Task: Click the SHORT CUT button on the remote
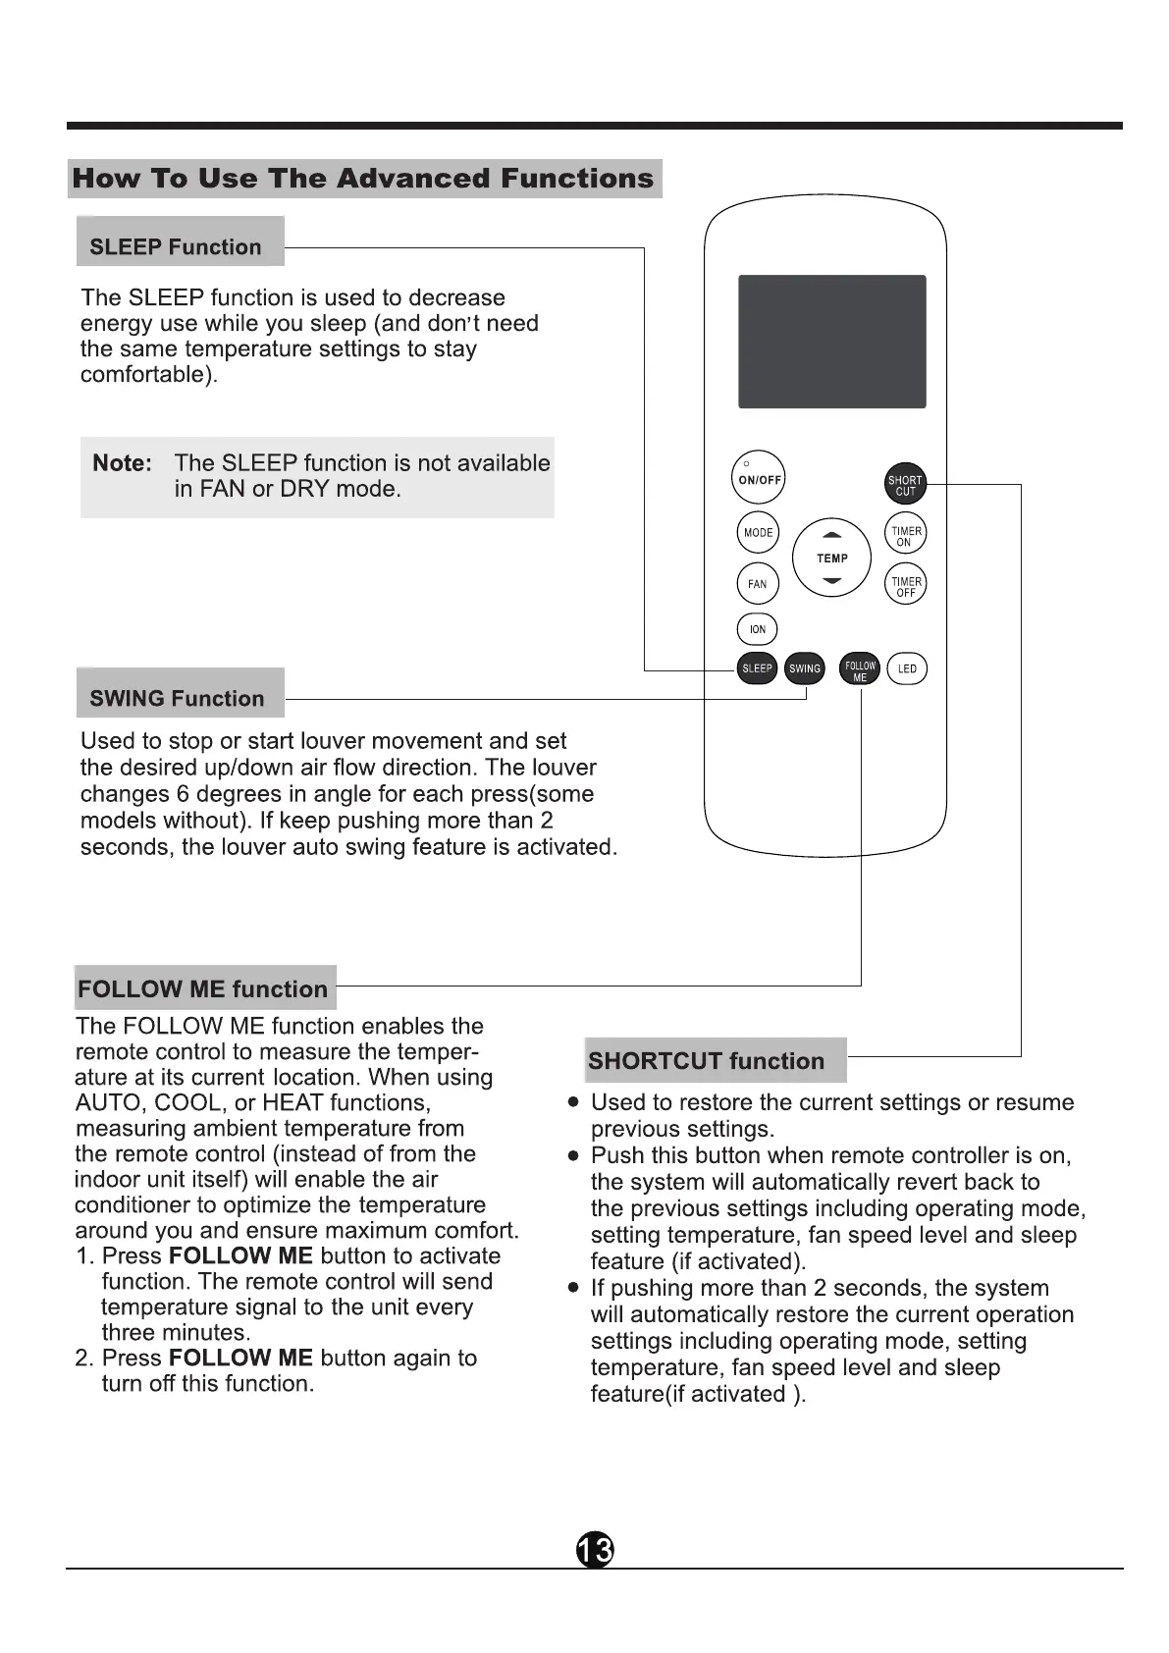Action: [x=905, y=484]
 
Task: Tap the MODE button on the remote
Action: [x=758, y=533]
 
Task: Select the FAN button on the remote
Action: [x=757, y=584]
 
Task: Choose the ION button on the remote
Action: [x=757, y=629]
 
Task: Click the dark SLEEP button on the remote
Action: [x=757, y=668]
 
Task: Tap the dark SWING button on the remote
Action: [x=805, y=668]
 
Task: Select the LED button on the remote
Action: [x=907, y=668]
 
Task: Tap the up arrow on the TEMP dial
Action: [x=832, y=535]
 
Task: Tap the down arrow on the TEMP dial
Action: [x=832, y=581]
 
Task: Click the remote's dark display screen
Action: [x=831, y=342]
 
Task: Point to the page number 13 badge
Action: [x=594, y=1550]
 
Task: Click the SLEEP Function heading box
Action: [x=180, y=242]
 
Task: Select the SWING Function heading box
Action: [x=180, y=694]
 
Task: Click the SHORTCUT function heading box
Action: [x=715, y=1060]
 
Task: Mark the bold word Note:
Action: [x=122, y=463]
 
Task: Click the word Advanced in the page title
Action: [x=413, y=179]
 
